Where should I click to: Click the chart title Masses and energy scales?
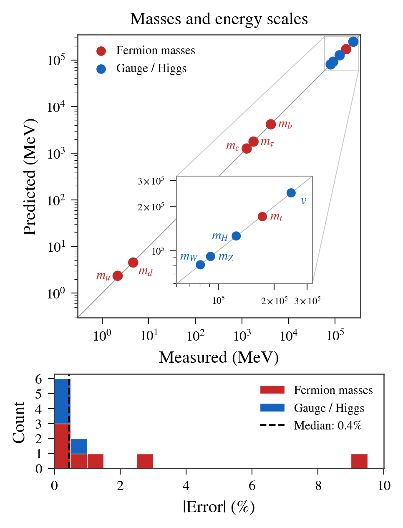point(219,19)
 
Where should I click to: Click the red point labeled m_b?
point(271,124)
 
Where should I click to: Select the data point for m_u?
point(118,275)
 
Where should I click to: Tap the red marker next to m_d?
point(133,262)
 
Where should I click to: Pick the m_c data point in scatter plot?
point(247,148)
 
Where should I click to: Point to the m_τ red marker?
point(253,141)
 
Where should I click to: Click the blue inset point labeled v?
point(291,192)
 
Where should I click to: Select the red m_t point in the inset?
point(262,216)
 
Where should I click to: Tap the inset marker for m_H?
point(236,236)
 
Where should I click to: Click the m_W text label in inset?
point(189,257)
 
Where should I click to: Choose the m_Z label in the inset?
point(226,257)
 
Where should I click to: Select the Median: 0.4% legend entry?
point(327,425)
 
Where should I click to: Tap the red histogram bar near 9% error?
point(359,461)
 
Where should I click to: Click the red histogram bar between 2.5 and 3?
point(145,461)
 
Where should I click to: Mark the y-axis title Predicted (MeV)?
point(30,177)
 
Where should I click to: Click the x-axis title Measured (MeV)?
point(219,357)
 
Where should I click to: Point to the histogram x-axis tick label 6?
point(252,485)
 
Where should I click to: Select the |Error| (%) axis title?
point(219,507)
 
